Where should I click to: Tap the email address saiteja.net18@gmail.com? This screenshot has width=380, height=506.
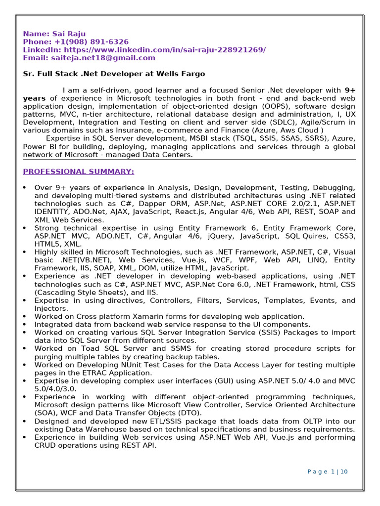coord(103,58)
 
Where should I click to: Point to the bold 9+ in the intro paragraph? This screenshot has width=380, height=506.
coord(350,90)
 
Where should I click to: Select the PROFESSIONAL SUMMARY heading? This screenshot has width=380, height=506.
coord(78,171)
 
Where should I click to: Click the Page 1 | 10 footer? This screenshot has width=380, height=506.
coord(328,472)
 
